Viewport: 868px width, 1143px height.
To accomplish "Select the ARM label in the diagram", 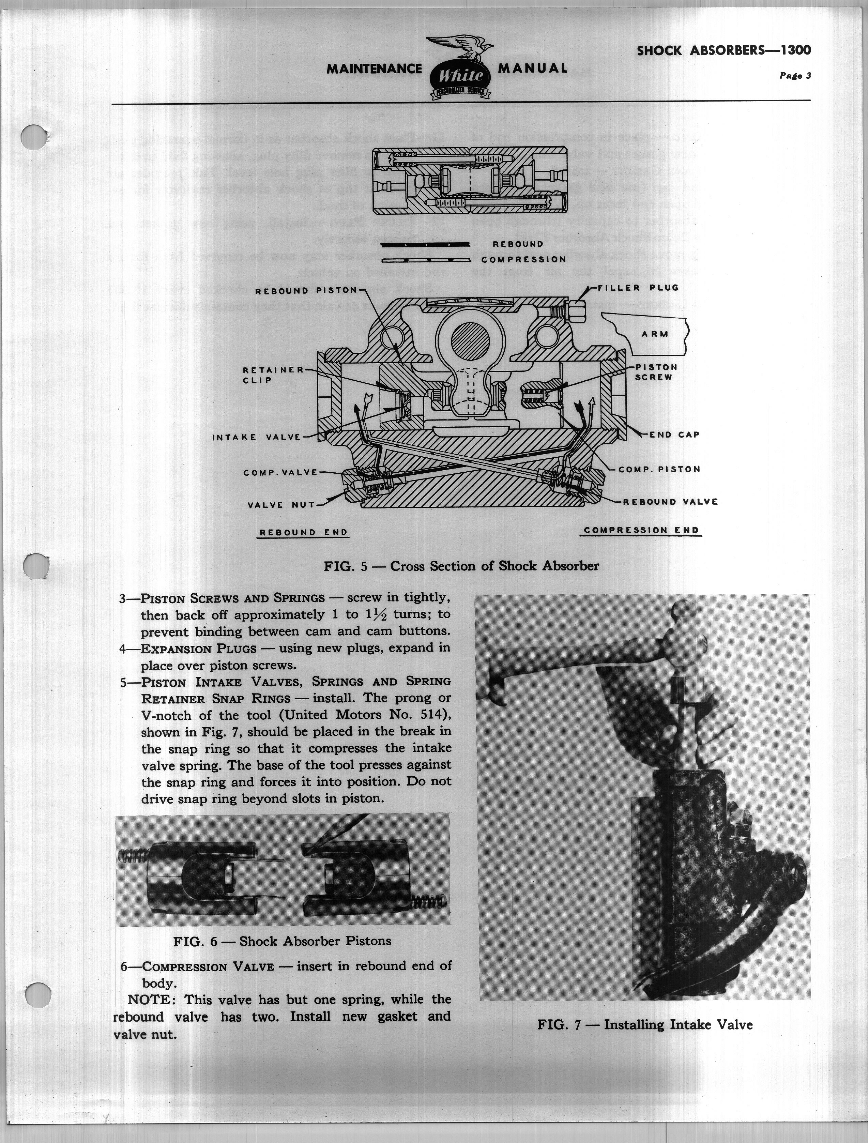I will point(655,334).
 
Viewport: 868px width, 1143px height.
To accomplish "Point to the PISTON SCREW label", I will point(654,372).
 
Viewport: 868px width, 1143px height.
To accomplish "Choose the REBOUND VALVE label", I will point(670,502).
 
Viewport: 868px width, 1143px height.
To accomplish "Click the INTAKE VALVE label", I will point(257,437).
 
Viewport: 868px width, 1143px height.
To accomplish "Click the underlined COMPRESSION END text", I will point(641,530).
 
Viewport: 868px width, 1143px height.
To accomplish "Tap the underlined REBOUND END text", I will point(303,532).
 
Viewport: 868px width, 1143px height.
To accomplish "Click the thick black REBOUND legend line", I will point(425,244).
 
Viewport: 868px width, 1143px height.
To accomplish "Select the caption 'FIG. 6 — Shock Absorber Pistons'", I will point(282,941).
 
